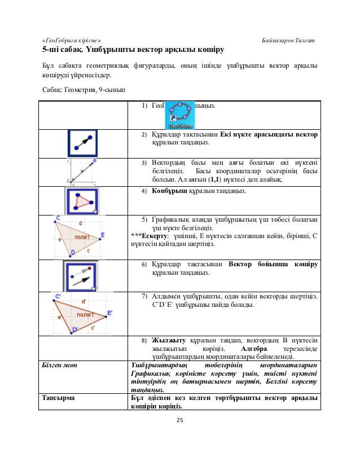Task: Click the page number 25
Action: (x=180, y=420)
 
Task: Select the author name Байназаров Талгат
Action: (x=288, y=41)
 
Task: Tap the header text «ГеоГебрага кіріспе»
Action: (x=72, y=41)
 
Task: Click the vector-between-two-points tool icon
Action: (x=82, y=143)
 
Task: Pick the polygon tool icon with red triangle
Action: (x=82, y=200)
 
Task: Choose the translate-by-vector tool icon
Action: (x=82, y=275)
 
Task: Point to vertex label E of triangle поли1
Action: (x=102, y=235)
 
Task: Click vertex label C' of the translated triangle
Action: (x=58, y=296)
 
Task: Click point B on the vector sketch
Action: (x=94, y=161)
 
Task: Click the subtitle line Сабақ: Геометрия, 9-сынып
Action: (x=84, y=89)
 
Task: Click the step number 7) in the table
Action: (x=145, y=296)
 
